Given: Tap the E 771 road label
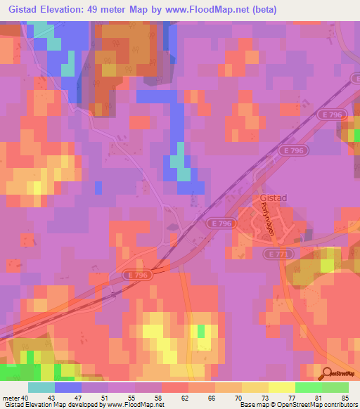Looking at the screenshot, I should (277, 253).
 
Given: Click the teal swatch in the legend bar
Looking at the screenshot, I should (41, 387).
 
